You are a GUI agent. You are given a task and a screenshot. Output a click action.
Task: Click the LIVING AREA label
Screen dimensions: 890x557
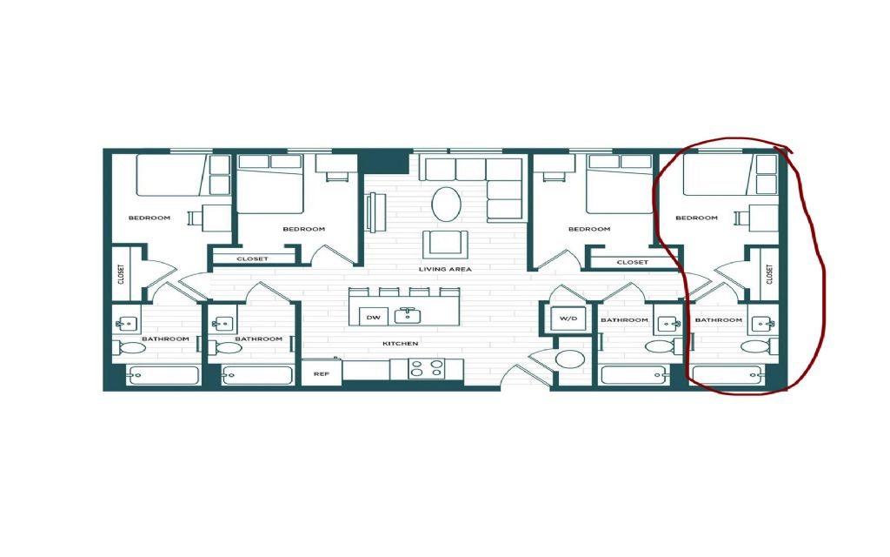point(445,269)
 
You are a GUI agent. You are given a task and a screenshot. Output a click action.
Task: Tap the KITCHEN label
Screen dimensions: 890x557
point(400,343)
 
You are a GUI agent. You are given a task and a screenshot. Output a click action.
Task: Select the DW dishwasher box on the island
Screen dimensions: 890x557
point(374,317)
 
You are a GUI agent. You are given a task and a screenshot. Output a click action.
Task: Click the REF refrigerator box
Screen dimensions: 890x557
point(322,373)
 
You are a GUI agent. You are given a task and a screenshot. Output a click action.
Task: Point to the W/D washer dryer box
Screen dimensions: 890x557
point(568,319)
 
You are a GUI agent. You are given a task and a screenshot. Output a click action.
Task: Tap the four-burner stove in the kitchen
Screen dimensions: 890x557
point(426,368)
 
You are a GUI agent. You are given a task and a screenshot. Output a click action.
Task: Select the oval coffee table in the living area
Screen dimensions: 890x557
point(446,204)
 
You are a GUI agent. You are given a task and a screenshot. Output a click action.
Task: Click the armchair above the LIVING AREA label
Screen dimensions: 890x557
point(445,244)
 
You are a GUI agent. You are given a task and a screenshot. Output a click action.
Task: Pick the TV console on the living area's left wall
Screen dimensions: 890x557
point(373,212)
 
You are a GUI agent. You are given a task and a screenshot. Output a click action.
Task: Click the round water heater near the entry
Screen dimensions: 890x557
point(569,359)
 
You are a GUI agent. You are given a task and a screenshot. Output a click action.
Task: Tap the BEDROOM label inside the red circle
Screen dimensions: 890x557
point(696,218)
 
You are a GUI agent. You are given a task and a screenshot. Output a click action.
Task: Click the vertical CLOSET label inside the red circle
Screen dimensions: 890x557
point(770,274)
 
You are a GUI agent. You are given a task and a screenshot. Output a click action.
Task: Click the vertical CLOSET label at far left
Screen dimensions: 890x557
point(121,274)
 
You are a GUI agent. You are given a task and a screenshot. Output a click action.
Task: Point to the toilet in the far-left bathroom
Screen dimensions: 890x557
point(128,347)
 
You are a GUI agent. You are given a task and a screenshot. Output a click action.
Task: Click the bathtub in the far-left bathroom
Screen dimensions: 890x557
point(163,375)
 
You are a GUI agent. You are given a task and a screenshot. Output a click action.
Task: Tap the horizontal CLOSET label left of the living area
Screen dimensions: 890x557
point(253,258)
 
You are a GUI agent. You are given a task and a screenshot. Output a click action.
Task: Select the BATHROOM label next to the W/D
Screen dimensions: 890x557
point(624,320)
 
